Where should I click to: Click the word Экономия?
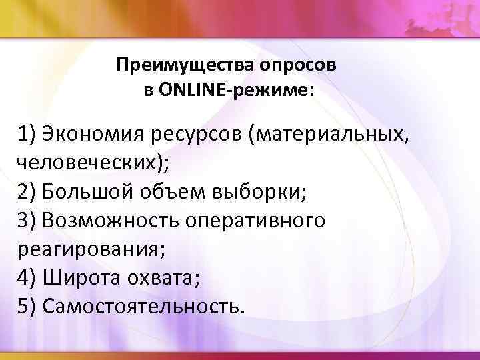pyautogui.click(x=86, y=136)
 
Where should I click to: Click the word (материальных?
pyautogui.click(x=326, y=136)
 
